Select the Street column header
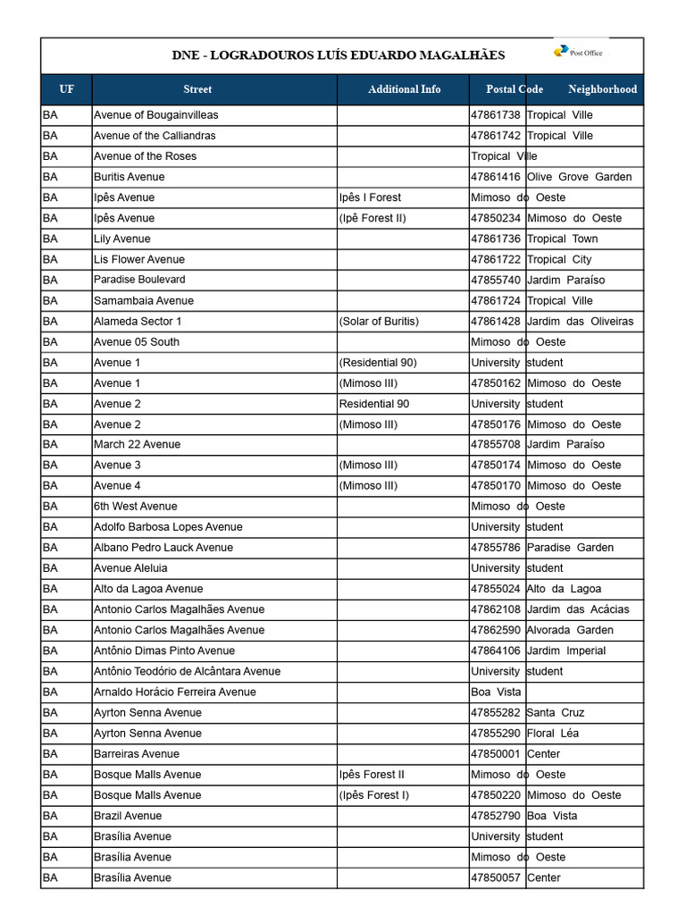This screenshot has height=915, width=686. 197,89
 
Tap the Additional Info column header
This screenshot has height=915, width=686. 404,89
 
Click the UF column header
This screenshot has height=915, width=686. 67,89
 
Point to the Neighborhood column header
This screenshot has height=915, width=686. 602,89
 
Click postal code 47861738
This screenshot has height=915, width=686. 496,115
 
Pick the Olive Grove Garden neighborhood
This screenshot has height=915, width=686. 579,177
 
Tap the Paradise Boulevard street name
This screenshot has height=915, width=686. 139,280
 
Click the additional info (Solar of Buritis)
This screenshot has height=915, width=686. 379,322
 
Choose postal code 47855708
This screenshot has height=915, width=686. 496,444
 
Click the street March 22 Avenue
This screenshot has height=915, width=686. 137,444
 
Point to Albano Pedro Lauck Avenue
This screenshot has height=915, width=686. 163,548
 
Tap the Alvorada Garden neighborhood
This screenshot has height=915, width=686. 570,630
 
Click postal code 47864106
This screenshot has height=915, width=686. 496,651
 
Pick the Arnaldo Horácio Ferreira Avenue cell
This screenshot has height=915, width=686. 174,693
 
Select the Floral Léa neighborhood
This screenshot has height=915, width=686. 553,734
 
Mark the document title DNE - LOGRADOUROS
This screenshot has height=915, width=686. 338,55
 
